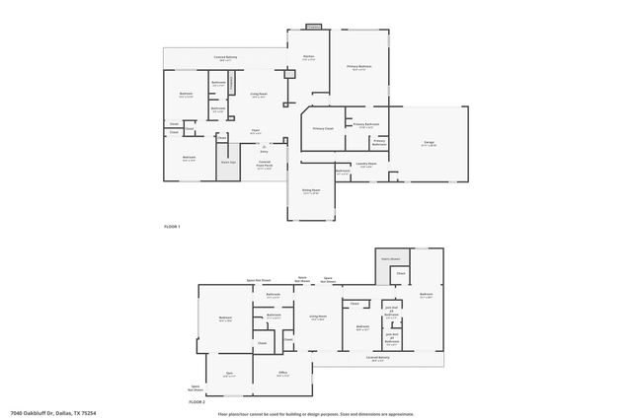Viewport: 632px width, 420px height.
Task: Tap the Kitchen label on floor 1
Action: tap(308, 58)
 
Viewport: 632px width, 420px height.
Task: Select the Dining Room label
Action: tap(310, 191)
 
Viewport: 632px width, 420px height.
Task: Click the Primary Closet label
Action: tap(323, 129)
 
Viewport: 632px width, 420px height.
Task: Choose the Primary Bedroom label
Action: tap(356, 67)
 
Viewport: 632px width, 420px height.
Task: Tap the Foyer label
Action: tap(254, 131)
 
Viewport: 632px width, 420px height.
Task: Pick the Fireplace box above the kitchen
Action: tap(313, 27)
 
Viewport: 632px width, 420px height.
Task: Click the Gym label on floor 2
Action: tap(228, 373)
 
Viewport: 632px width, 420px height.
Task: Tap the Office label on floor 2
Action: tap(283, 373)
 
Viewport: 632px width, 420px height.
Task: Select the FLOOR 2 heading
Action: tap(197, 402)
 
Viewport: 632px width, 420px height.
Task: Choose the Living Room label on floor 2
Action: tap(318, 316)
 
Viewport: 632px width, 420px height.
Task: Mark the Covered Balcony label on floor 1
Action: tap(225, 58)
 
